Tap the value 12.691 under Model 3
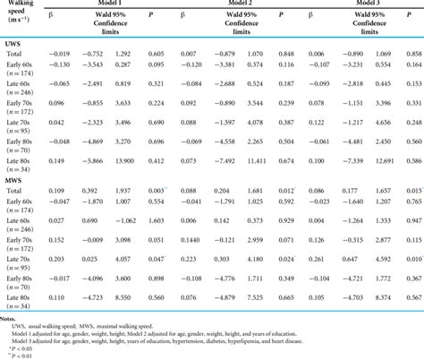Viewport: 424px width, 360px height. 382,161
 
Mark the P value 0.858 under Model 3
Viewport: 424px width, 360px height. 413,56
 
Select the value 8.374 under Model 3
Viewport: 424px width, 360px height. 383,296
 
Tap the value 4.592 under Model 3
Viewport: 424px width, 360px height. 384,258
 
